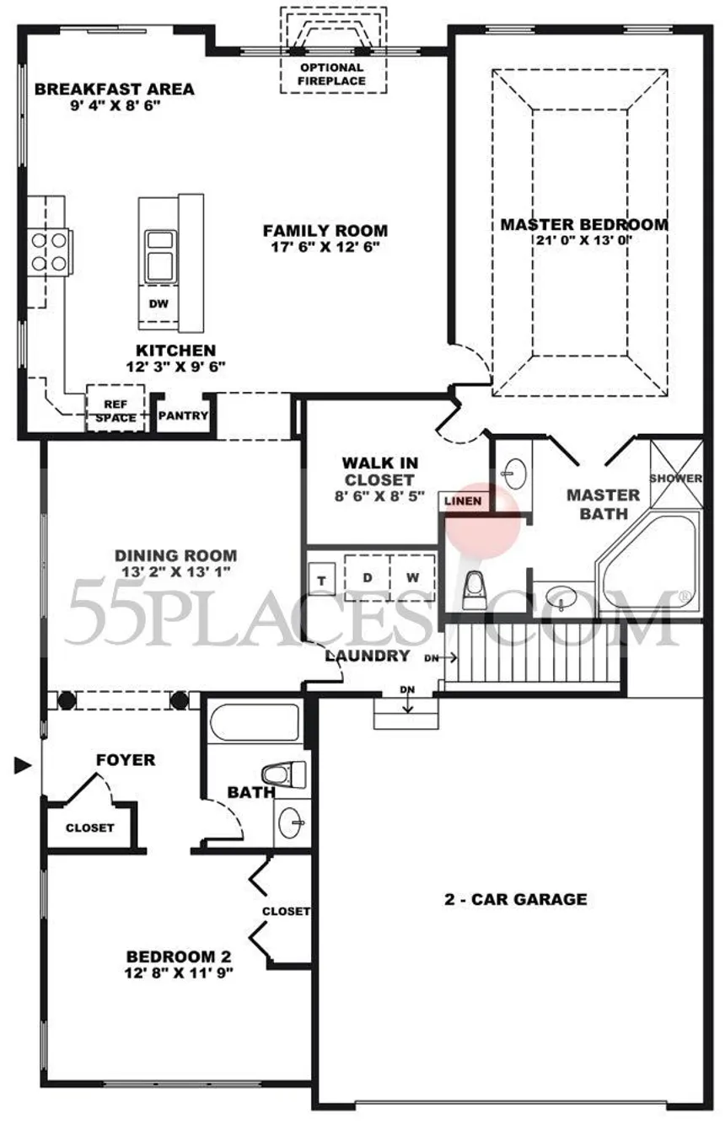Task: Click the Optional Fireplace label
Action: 331,74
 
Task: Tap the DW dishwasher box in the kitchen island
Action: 158,303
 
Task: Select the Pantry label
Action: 183,415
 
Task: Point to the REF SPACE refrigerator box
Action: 115,408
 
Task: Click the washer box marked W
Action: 412,577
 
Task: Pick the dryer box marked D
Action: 368,577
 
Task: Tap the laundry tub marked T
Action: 321,580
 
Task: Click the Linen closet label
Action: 463,501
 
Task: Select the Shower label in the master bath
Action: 676,478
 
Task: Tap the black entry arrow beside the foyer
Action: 23,766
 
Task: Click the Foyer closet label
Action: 90,828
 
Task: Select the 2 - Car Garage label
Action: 515,898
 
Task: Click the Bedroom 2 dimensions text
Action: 179,972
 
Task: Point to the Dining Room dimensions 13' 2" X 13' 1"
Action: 176,571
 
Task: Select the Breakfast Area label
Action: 115,88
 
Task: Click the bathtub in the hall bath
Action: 255,721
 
